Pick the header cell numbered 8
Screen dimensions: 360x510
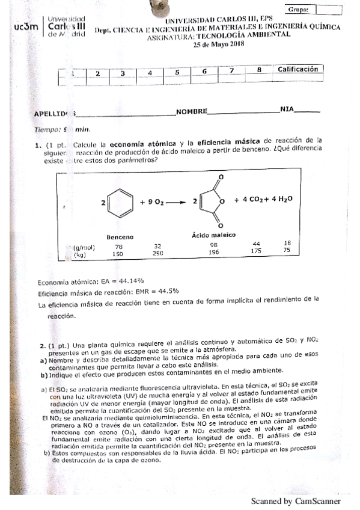click(258, 70)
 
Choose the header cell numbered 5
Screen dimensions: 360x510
click(177, 72)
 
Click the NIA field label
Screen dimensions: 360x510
click(287, 109)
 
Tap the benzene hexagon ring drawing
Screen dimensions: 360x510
click(121, 203)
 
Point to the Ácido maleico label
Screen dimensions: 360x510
click(213, 235)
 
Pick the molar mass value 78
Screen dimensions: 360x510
click(119, 246)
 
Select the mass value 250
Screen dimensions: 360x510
click(157, 254)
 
